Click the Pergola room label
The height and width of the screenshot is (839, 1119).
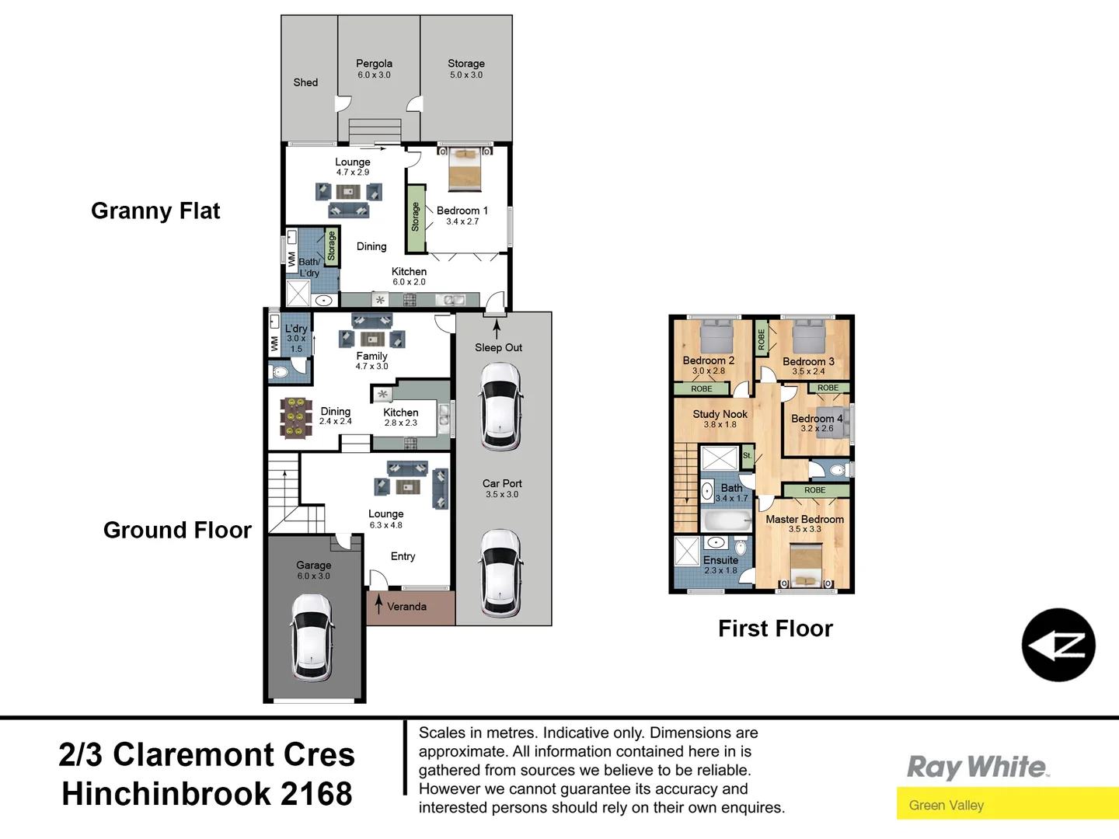pyautogui.click(x=374, y=64)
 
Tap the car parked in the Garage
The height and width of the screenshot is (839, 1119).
pyautogui.click(x=312, y=637)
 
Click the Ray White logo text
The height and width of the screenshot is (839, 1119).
pyautogui.click(x=978, y=768)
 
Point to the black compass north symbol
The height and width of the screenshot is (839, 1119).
pyautogui.click(x=1058, y=645)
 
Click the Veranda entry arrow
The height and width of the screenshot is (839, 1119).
pyautogui.click(x=378, y=604)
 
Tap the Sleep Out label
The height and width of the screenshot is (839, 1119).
pyautogui.click(x=498, y=348)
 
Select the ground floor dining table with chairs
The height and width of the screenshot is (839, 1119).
pyautogui.click(x=295, y=418)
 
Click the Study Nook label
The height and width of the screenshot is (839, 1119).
pyautogui.click(x=720, y=414)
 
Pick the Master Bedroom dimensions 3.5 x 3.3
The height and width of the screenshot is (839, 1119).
pyautogui.click(x=804, y=530)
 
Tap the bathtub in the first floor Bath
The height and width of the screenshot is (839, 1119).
pyautogui.click(x=727, y=520)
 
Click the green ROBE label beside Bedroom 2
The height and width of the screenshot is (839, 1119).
pyautogui.click(x=701, y=388)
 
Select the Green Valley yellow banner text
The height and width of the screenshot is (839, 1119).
pyautogui.click(x=946, y=806)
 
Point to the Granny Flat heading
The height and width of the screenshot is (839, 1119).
pyautogui.click(x=155, y=211)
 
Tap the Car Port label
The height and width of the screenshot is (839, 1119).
pyautogui.click(x=502, y=483)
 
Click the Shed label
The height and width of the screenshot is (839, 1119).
pyautogui.click(x=305, y=82)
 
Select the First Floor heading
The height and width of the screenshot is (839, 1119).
pyautogui.click(x=775, y=628)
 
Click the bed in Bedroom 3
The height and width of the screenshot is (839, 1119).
pyautogui.click(x=809, y=336)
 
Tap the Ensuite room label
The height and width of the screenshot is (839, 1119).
pyautogui.click(x=720, y=560)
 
